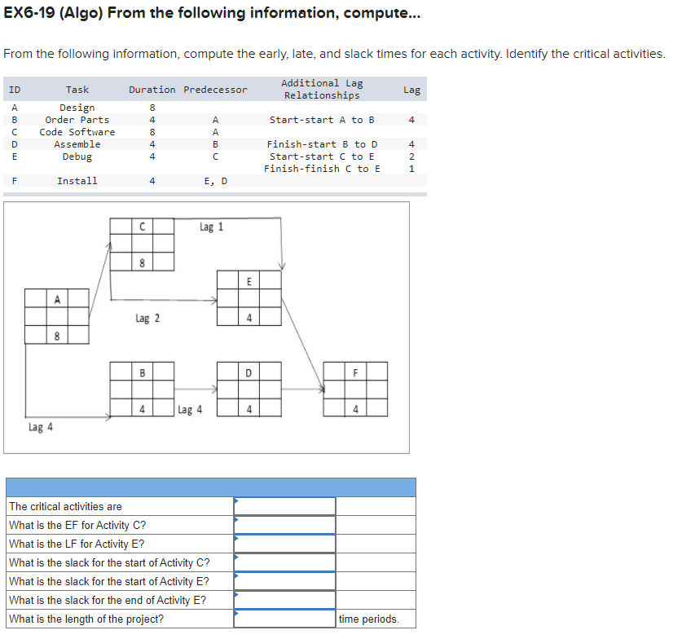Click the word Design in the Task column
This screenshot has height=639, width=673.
click(77, 108)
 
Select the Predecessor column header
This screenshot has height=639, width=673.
click(215, 90)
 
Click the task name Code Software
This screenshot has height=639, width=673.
click(77, 132)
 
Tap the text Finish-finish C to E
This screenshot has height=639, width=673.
click(322, 169)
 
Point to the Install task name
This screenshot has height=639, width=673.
click(77, 181)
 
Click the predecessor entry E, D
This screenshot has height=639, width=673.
click(215, 181)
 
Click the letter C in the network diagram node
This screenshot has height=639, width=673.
click(143, 227)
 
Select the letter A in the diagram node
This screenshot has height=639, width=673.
click(57, 299)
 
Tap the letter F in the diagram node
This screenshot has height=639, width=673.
click(355, 373)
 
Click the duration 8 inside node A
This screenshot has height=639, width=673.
click(57, 335)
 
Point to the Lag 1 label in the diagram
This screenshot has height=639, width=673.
click(211, 227)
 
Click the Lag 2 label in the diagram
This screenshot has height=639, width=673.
click(147, 319)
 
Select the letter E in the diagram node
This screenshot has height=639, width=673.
click(249, 281)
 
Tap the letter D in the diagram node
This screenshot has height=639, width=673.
click(249, 373)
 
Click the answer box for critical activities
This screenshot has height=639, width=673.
click(285, 506)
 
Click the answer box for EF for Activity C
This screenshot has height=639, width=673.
click(285, 525)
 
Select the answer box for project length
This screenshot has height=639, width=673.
click(285, 619)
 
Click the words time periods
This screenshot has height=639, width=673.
click(369, 619)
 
